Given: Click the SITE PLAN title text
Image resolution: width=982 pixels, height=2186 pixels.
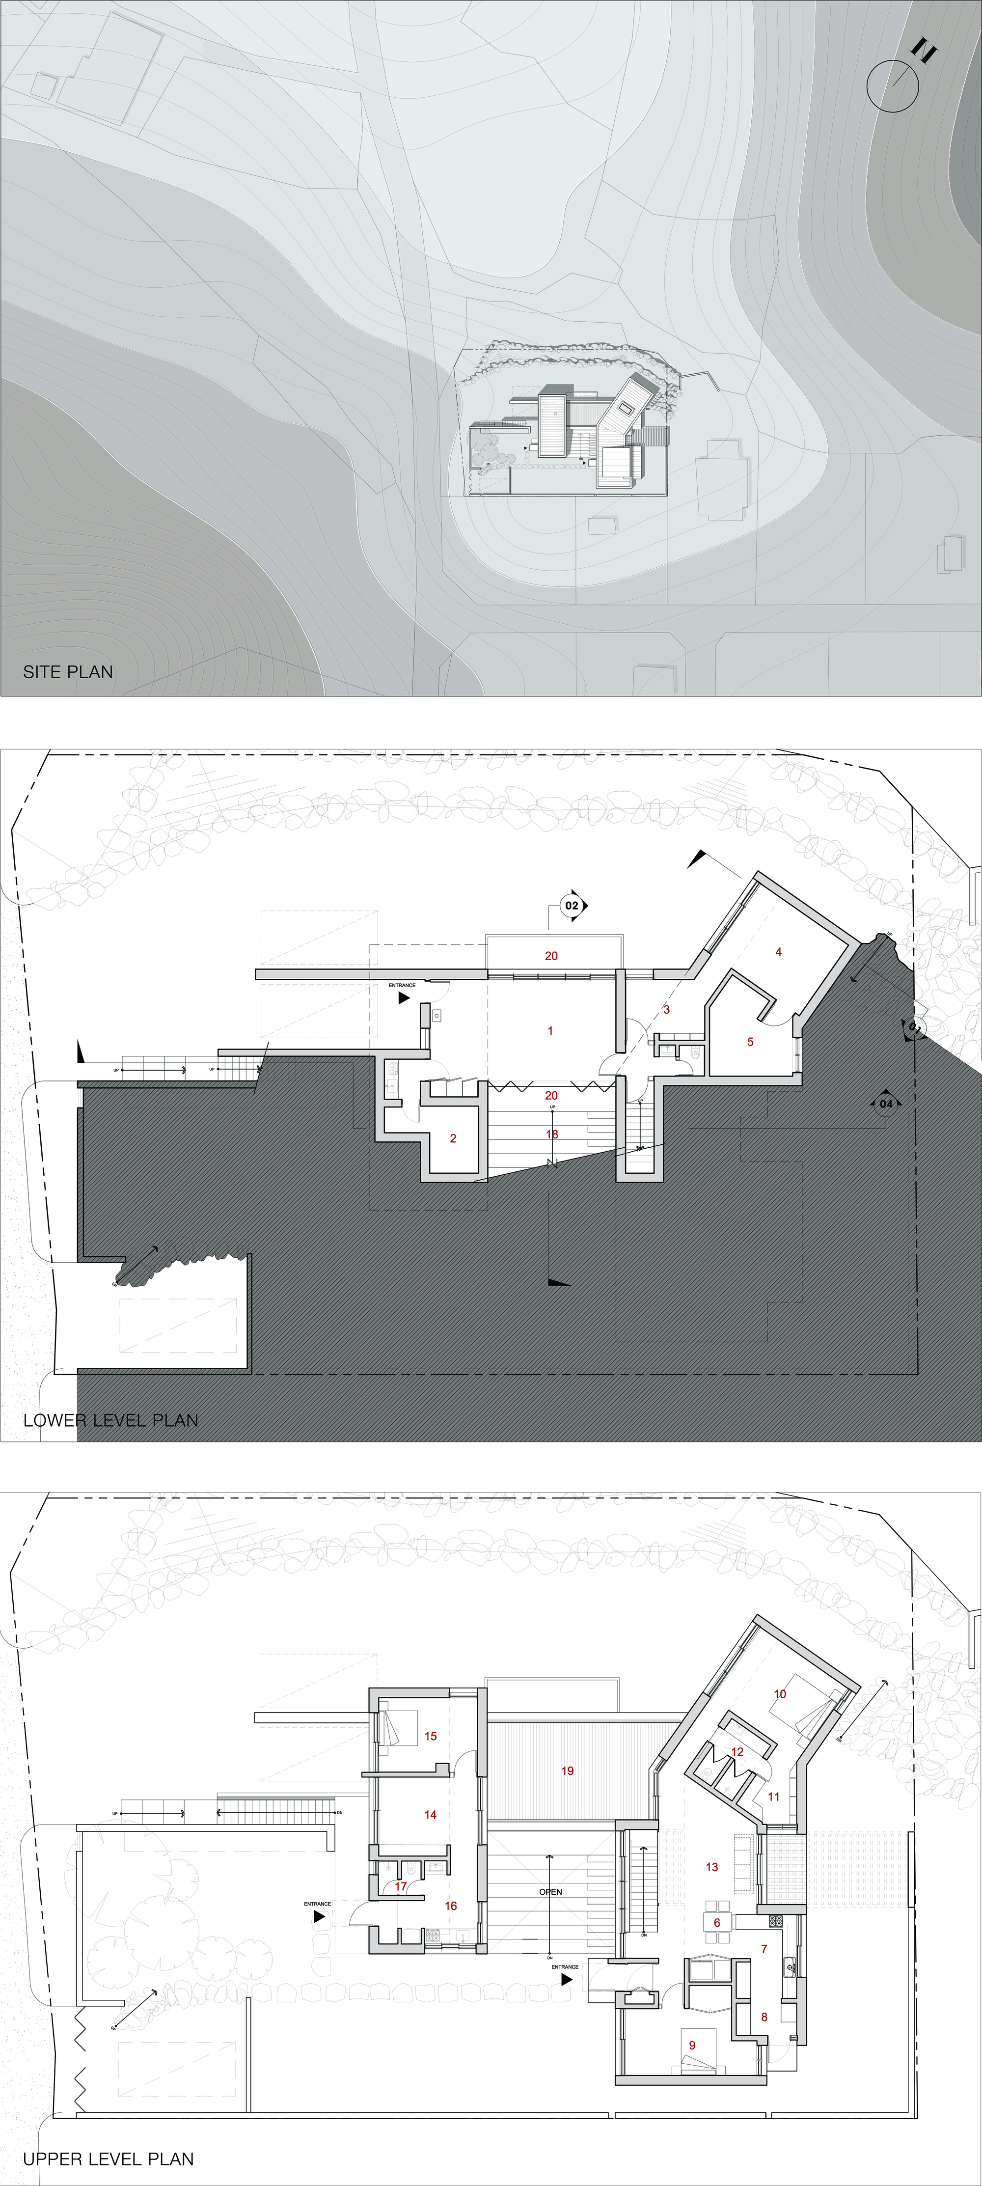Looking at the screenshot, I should (68, 671).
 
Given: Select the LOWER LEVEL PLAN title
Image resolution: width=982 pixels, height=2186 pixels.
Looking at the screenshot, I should (110, 1420).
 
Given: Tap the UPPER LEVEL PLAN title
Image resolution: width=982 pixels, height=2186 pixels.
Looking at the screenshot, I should (108, 2159).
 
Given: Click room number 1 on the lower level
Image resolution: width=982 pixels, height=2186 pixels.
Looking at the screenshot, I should (550, 1030).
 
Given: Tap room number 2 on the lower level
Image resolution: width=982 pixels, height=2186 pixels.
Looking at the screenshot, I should (453, 1138).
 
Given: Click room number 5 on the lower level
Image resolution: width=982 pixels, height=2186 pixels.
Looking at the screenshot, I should (750, 1041).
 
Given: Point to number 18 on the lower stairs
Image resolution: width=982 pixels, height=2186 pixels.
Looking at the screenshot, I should (552, 1134).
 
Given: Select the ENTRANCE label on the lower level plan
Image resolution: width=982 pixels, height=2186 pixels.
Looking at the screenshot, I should (402, 985).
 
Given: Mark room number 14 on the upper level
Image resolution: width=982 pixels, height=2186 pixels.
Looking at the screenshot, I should (430, 1814).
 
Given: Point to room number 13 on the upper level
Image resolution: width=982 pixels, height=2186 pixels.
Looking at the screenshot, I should (712, 1867).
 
